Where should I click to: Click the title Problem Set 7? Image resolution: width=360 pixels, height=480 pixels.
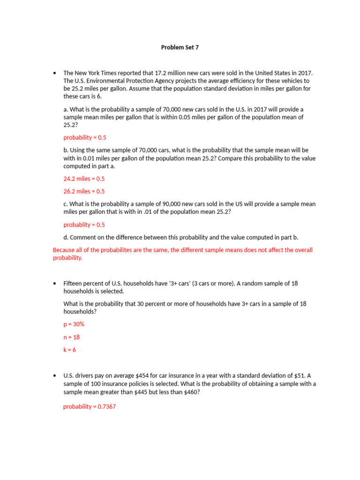180,47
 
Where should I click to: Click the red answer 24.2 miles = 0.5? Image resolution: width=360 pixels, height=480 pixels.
84,179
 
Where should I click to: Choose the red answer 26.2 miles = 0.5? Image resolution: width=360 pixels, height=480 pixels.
84,191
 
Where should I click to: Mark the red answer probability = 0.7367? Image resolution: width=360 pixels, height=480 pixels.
89,406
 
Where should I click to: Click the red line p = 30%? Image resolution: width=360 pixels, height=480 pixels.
74,324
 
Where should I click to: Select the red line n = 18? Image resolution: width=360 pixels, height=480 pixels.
72,337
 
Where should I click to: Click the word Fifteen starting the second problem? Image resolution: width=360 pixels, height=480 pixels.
74,284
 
